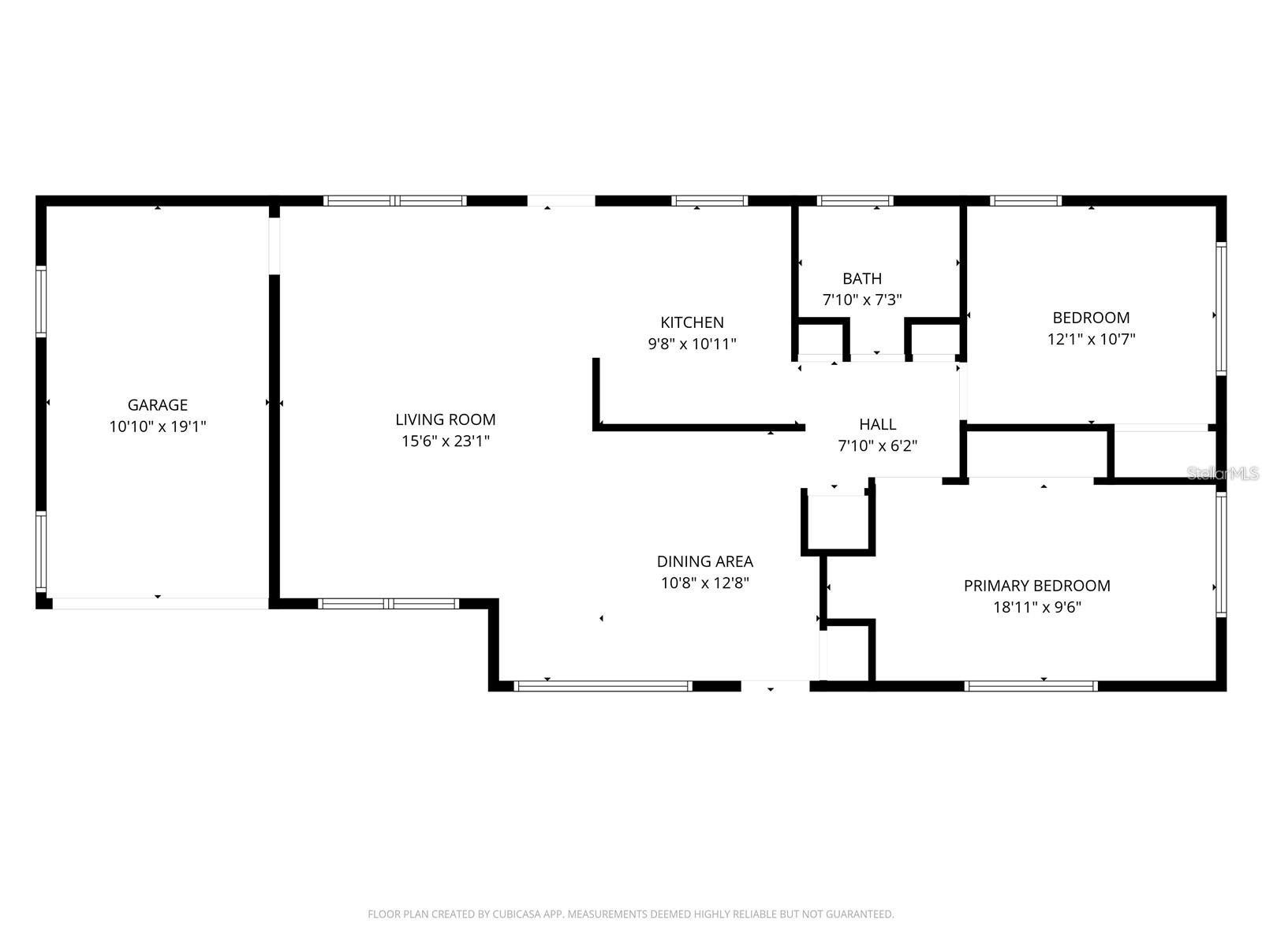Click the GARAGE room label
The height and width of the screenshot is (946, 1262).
point(158,405)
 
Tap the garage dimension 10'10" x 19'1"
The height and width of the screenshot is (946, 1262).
point(158,426)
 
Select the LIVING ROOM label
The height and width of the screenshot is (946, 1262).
point(446,419)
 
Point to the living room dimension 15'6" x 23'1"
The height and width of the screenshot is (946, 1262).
point(446,441)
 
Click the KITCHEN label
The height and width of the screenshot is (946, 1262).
point(692,322)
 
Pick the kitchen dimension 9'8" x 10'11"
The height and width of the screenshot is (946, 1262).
point(692,344)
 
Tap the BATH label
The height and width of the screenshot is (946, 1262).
point(862,278)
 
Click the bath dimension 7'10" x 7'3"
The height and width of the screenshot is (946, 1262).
point(862,300)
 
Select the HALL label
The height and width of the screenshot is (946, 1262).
point(877,425)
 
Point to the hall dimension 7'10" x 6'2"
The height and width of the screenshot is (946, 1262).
point(877,446)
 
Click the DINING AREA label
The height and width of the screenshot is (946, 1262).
point(704,561)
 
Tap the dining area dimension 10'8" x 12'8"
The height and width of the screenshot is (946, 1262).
point(704,583)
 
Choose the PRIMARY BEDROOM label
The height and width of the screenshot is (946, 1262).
point(1036,586)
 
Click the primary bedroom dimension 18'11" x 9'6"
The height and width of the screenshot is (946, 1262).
point(1036,608)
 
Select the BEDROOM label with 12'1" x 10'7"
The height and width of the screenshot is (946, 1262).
point(1091,318)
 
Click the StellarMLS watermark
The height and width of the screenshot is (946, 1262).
point(1222,474)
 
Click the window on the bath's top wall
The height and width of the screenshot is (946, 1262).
point(855,201)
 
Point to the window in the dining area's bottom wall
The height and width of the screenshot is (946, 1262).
point(603,686)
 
